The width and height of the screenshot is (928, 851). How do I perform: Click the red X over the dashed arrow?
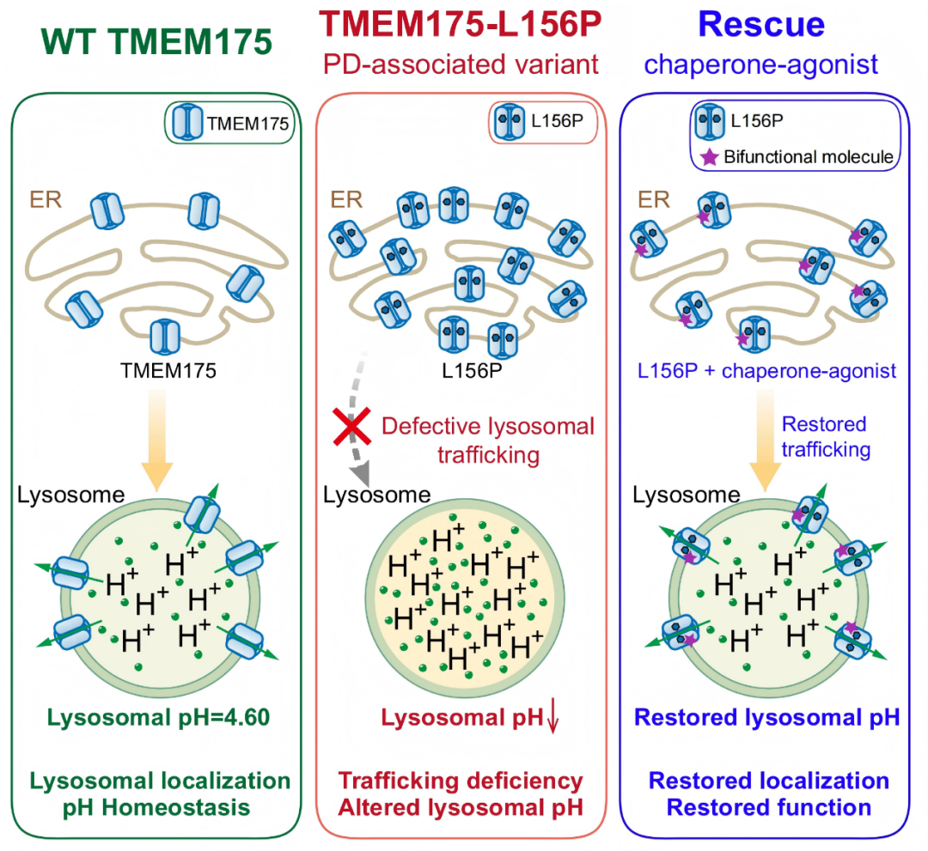352,427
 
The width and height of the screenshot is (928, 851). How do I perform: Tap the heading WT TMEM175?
157,41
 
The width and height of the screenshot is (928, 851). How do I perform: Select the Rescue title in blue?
761,24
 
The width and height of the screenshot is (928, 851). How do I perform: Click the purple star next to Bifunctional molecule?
709,156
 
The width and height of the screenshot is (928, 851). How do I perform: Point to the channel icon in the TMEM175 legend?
187,123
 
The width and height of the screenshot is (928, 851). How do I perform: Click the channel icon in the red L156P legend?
510,121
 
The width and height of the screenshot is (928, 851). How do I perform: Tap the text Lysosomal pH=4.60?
159,717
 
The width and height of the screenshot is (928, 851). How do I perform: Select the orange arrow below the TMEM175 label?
157,441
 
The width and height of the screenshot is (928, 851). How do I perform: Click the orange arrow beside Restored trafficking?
766,441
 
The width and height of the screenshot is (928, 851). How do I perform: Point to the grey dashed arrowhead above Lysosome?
359,474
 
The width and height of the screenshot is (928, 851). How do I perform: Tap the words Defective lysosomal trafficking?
488,441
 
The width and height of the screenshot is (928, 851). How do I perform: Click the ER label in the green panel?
46,200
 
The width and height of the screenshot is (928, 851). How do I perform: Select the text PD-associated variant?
461,64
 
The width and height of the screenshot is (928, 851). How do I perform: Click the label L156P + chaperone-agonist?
766,371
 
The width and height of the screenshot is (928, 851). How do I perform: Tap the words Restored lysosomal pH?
766,717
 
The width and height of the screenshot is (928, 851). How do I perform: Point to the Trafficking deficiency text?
461,781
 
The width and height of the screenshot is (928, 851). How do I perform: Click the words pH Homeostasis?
156,807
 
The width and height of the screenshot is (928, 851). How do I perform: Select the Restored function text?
769,807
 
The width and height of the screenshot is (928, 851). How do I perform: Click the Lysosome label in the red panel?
376,495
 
